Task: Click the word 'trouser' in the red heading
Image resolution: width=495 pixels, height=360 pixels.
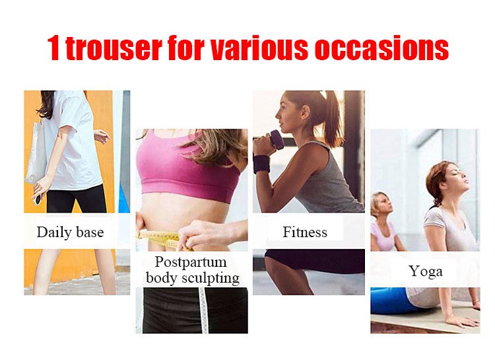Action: (x=114, y=48)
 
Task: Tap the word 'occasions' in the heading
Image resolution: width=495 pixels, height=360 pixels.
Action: (x=381, y=48)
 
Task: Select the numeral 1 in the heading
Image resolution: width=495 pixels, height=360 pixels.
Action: (x=53, y=48)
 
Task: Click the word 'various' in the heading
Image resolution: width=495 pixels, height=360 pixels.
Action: (x=259, y=48)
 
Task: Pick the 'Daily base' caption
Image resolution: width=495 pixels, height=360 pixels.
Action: (x=70, y=233)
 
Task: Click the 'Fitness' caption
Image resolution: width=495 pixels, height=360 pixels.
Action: (x=305, y=233)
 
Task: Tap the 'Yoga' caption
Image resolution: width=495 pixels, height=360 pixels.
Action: (x=425, y=271)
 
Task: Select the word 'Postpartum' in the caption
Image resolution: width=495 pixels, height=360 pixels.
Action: (x=191, y=262)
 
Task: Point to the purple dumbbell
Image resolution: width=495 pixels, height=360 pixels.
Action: (x=277, y=139)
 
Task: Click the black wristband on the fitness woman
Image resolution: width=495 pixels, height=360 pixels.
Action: (x=262, y=164)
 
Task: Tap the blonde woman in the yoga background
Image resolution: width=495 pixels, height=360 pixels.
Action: (x=383, y=221)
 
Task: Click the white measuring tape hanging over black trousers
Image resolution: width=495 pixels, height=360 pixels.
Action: (x=204, y=310)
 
